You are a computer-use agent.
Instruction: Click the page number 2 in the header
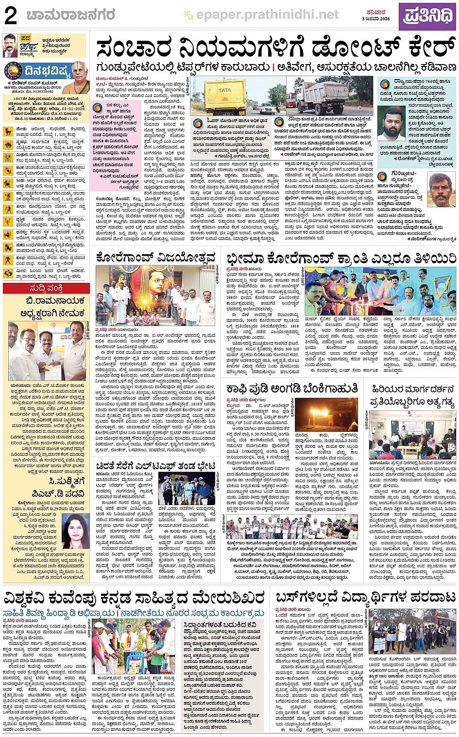point(11,16)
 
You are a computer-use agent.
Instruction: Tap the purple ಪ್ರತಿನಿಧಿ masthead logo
point(427,16)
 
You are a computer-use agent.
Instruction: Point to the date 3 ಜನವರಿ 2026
point(376,19)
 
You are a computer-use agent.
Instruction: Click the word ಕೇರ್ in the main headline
point(423,49)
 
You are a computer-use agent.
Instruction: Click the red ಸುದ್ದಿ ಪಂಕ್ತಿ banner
point(45,288)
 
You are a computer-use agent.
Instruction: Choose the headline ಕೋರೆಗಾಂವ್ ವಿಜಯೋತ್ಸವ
point(155,257)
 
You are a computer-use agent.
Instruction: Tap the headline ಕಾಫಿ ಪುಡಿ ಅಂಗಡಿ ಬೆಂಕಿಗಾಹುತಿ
point(292,389)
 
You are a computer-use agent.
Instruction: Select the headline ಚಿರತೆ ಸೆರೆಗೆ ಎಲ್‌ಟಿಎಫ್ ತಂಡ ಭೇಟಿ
point(155,466)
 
